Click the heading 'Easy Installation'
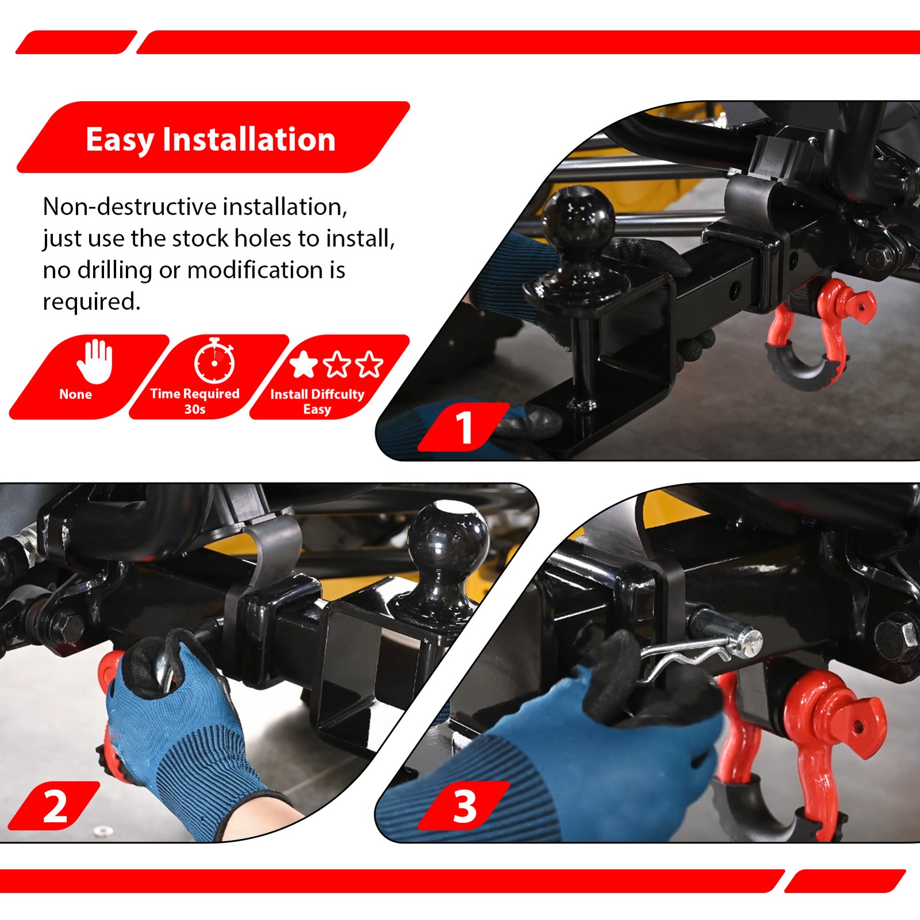pos(210,139)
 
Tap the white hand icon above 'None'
pos(95,361)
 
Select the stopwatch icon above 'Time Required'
pos(214,362)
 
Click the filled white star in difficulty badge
pos(304,364)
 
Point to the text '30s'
pos(195,409)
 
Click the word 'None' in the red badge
pos(75,394)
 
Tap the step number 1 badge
pos(463,427)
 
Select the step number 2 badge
pos(55,806)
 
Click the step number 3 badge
pos(463,806)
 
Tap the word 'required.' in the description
pos(91,301)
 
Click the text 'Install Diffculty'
pos(317,394)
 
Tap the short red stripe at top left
pos(76,42)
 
